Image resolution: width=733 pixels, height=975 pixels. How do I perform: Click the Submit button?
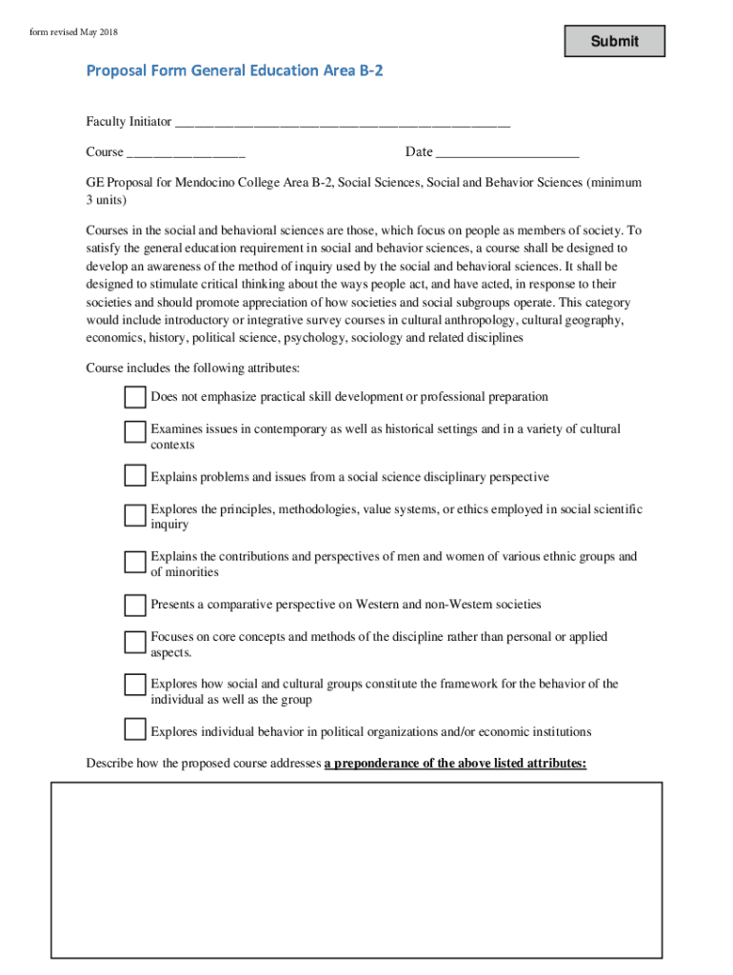point(614,41)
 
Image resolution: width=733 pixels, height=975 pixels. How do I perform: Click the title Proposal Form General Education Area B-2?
point(234,70)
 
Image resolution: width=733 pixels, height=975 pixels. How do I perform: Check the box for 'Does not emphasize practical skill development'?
point(134,396)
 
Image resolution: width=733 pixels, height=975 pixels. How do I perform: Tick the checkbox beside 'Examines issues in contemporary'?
point(134,431)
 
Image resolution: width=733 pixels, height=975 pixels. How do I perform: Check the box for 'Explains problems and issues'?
point(134,476)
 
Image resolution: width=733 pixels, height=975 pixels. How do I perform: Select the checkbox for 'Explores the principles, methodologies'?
point(134,515)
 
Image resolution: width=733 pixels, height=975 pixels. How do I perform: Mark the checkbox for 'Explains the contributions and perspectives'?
point(134,562)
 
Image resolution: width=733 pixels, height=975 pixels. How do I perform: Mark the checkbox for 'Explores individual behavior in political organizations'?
point(134,730)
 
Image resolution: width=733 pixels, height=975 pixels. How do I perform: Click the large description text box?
point(356,868)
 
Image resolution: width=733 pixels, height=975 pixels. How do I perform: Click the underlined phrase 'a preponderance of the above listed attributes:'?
point(455,764)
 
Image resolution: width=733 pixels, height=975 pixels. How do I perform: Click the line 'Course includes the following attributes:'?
point(193,368)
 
